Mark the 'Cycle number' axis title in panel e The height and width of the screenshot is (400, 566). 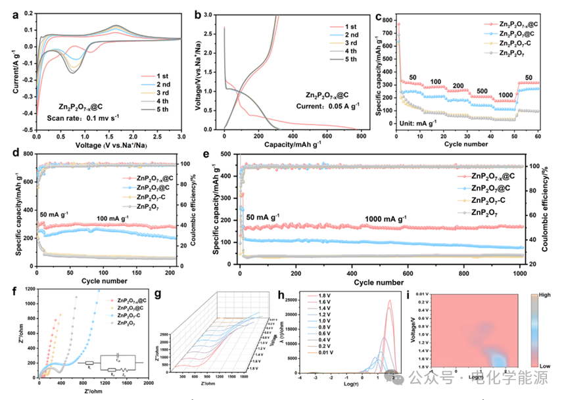pos(381,282)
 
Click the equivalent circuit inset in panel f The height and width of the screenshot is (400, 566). pos(106,363)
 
